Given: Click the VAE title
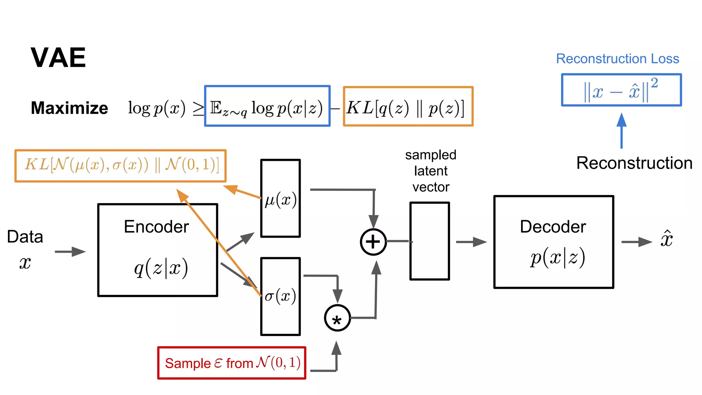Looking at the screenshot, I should (x=58, y=58).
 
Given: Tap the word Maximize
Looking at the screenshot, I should (x=69, y=108).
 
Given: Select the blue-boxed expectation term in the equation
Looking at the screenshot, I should (x=267, y=106).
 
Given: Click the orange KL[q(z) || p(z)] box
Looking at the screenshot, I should (x=408, y=107).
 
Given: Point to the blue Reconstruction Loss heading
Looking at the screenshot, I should (x=617, y=59).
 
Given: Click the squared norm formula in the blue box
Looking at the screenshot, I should (x=621, y=90).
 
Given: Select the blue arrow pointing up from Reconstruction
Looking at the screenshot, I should (x=621, y=130).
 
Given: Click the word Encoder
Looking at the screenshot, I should (x=156, y=227).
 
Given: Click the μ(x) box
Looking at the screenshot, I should (x=280, y=199).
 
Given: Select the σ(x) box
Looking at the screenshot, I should (x=280, y=297).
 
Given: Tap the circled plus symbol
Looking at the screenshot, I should (x=373, y=242).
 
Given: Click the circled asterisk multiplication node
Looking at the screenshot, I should (x=337, y=318).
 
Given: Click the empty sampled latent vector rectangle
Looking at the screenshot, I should (x=429, y=241).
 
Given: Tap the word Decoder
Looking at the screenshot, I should (x=553, y=227).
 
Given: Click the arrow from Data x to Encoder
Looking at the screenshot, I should (x=70, y=252).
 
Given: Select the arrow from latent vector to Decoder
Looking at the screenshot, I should (x=471, y=242).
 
